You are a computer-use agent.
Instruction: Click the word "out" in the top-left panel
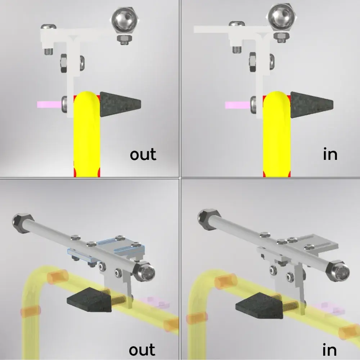click(x=143, y=154)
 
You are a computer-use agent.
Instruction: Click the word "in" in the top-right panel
click(x=330, y=154)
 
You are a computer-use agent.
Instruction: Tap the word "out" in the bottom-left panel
click(x=142, y=350)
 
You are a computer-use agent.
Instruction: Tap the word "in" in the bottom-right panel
click(x=329, y=350)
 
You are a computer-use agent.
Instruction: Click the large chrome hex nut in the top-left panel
click(x=123, y=20)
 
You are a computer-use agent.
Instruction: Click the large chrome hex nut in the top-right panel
click(x=282, y=17)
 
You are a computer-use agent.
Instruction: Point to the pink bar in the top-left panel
click(x=49, y=104)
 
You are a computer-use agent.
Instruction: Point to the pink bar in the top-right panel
click(x=238, y=105)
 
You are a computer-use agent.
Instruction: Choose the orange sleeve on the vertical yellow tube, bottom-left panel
click(x=31, y=311)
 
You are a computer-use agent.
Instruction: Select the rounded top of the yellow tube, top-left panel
click(x=87, y=99)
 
